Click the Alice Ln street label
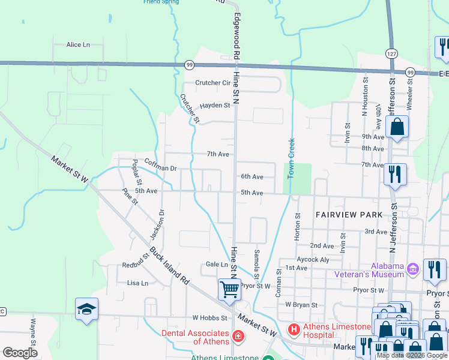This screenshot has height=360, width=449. click(77, 45)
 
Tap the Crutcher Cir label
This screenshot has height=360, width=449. click(213, 83)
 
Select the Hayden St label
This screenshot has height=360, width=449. click(215, 106)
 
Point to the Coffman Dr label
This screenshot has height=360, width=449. click(160, 169)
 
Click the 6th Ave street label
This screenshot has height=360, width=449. click(252, 177)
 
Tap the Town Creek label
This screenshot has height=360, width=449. click(291, 158)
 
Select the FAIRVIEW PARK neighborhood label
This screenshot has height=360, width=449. click(349, 214)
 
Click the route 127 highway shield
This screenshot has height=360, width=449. click(391, 53)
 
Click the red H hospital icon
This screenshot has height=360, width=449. click(294, 329)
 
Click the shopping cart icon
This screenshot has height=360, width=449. click(229, 289)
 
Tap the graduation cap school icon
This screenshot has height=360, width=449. click(86, 309)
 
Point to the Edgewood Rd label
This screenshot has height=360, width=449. click(237, 35)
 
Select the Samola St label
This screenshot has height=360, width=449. click(257, 260)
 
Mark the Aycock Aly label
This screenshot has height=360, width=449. click(313, 259)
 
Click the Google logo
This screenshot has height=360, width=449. click(20, 353)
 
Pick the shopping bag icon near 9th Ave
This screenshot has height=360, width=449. click(397, 127)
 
